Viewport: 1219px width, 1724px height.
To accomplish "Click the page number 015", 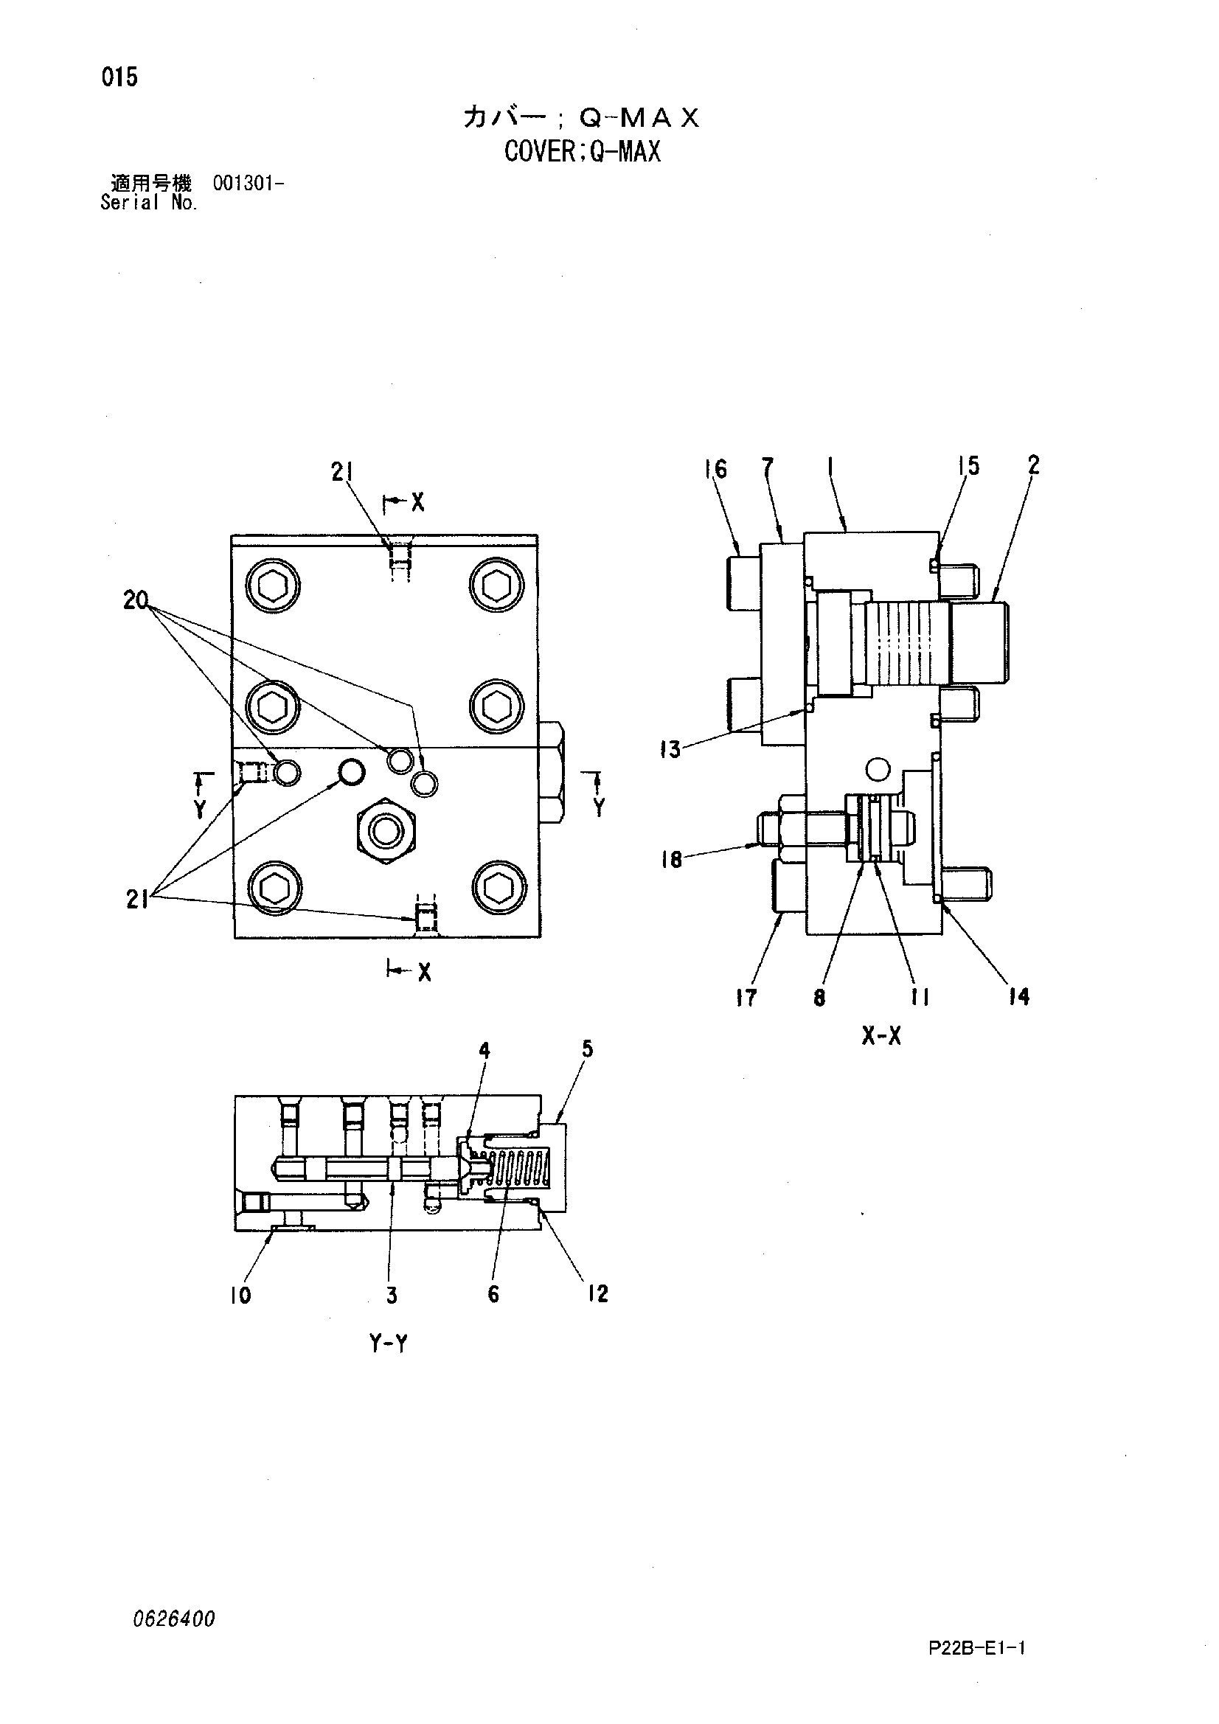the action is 120,77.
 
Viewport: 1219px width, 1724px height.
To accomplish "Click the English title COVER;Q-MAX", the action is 582,153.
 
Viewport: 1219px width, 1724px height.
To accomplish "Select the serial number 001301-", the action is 248,183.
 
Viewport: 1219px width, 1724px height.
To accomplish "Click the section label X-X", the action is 881,1037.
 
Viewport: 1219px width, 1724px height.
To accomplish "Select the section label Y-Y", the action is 389,1344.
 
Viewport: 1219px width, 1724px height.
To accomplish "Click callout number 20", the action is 136,600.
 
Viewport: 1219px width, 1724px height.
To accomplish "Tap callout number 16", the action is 716,469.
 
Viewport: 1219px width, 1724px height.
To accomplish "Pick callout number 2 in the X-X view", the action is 1033,465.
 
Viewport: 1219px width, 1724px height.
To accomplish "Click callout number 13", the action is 670,748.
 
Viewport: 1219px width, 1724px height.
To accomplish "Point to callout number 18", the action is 672,859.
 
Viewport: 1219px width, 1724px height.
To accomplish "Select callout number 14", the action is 1019,996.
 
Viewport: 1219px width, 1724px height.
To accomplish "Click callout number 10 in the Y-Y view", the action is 240,1295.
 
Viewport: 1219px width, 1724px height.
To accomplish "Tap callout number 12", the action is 598,1293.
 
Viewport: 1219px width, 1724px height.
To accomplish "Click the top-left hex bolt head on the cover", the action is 273,586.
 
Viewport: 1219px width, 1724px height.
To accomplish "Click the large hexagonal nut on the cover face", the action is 386,830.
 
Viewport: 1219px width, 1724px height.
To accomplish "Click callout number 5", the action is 587,1049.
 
